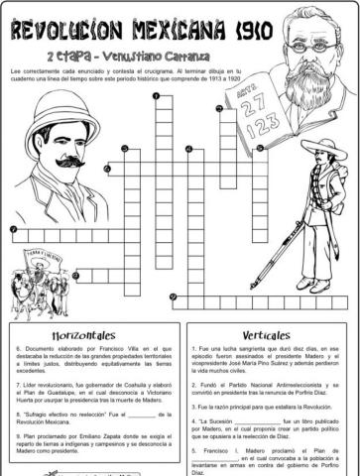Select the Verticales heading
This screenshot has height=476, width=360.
pyautogui.click(x=265, y=334)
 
